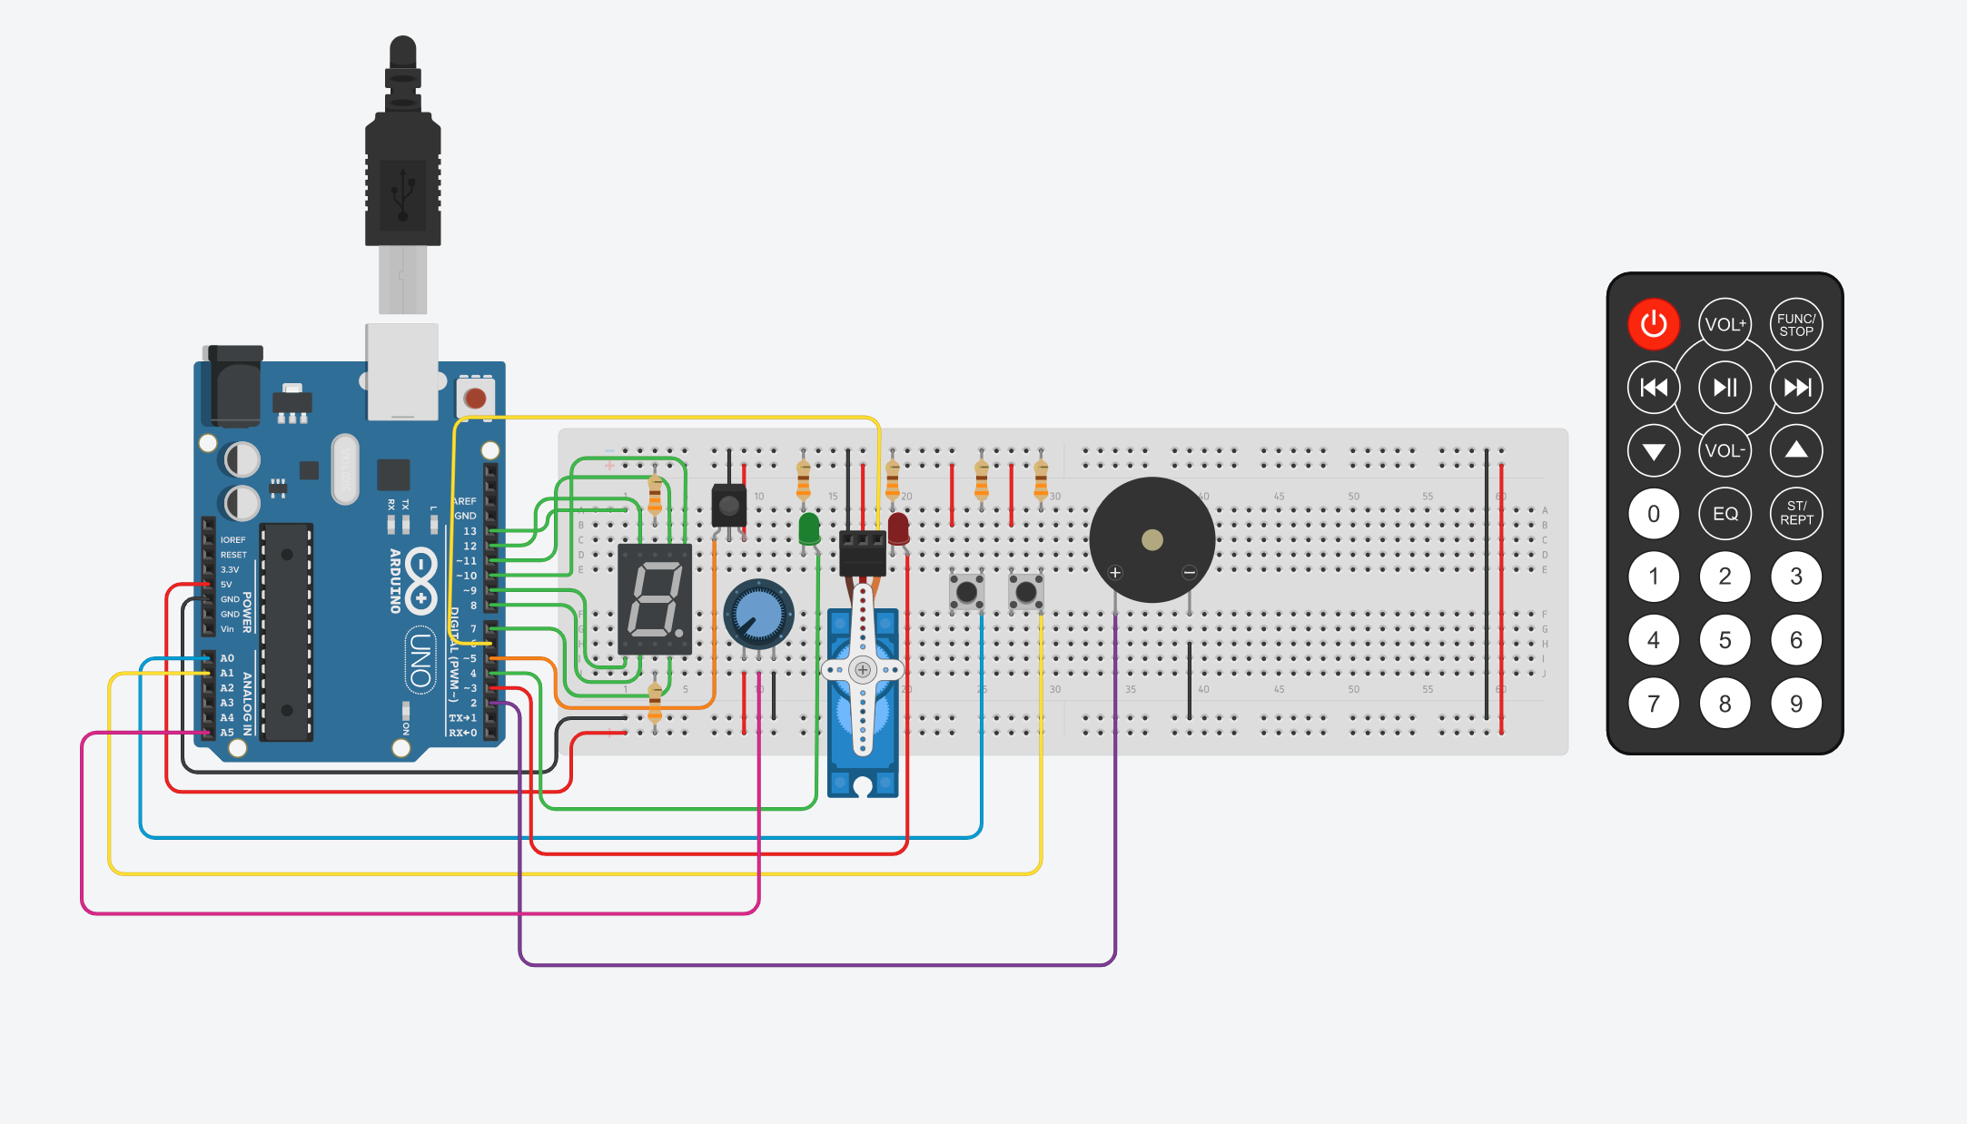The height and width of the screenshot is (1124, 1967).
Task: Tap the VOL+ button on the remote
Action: pyautogui.click(x=1725, y=324)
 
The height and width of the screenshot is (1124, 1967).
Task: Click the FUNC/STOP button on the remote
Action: pyautogui.click(x=1795, y=324)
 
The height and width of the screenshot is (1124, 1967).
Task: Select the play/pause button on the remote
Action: pyautogui.click(x=1725, y=388)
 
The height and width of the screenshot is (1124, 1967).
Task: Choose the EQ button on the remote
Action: pyautogui.click(x=1725, y=514)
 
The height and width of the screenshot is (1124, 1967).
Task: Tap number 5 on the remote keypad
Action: pyautogui.click(x=1725, y=640)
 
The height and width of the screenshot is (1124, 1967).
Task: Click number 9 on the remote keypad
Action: pyautogui.click(x=1795, y=704)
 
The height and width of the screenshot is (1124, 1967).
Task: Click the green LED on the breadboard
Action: pyautogui.click(x=808, y=527)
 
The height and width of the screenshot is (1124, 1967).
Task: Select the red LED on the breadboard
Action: pyautogui.click(x=898, y=527)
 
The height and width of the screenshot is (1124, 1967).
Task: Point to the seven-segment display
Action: pyautogui.click(x=655, y=599)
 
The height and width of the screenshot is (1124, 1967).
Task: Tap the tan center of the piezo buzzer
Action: pyautogui.click(x=1152, y=540)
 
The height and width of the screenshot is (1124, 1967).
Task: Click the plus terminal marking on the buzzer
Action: pyautogui.click(x=1115, y=572)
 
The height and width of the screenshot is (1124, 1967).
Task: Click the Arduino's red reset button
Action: pyautogui.click(x=475, y=398)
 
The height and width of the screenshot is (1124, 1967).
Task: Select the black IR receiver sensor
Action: pyautogui.click(x=728, y=506)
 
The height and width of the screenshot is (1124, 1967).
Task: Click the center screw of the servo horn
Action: pyautogui.click(x=863, y=670)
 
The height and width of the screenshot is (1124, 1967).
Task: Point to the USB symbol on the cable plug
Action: pyautogui.click(x=402, y=192)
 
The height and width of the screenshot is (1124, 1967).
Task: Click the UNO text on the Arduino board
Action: pyautogui.click(x=420, y=659)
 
